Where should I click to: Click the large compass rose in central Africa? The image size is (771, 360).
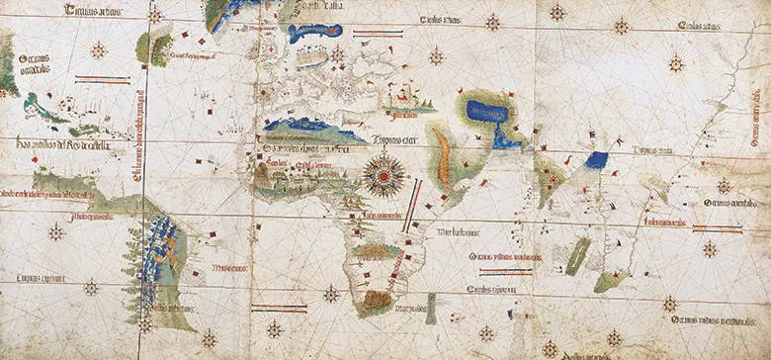[380, 175]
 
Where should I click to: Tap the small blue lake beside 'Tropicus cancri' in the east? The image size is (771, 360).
[595, 159]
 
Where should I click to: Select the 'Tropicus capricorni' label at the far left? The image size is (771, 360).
[36, 281]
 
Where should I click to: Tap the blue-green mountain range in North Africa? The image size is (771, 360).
[306, 128]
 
